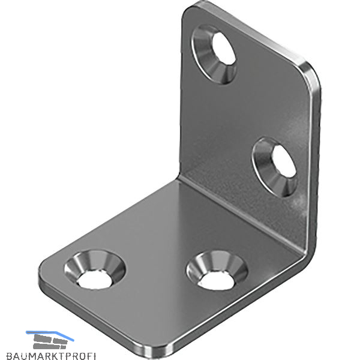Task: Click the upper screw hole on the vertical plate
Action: [x=215, y=54]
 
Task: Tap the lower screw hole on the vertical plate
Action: [x=275, y=167]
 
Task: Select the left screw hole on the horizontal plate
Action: [x=95, y=269]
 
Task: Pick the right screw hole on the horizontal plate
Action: [x=217, y=270]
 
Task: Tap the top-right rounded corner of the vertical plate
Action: [x=310, y=76]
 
